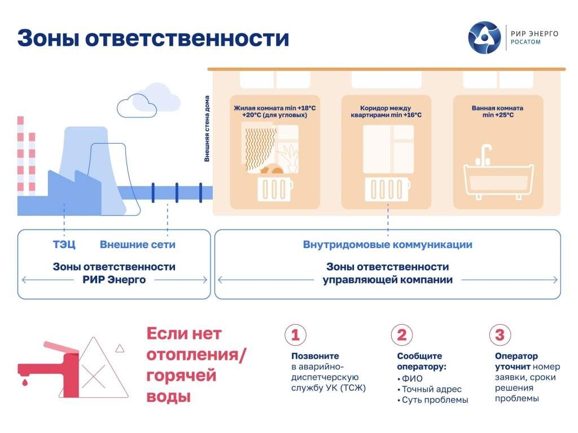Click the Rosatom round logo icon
pos(484,38)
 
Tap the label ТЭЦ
pos(64,245)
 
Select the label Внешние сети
pos(137,245)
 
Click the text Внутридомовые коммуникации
pos(387,245)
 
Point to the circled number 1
pos(295,335)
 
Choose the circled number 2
pos(401,335)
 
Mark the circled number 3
pos(500,335)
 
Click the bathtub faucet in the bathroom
pos(485,154)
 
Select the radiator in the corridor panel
pos(387,189)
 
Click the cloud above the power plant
pos(150,101)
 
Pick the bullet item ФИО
pos(412,378)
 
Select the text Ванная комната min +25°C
pos(497,111)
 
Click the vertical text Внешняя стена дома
pos(207,129)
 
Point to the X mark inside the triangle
pos(94,373)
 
